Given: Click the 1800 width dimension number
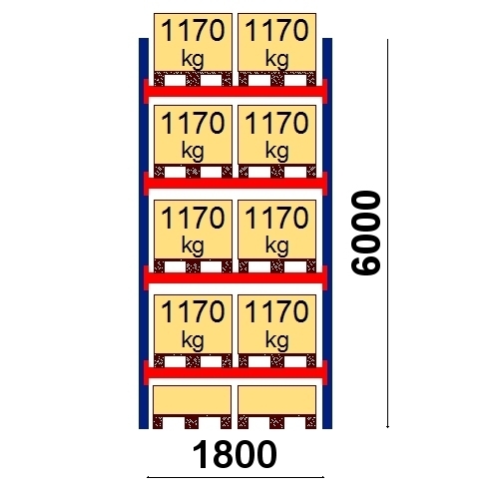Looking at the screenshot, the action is pos(235,454).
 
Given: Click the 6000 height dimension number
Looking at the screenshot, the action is pos(365,233).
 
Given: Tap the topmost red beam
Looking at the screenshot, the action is pos(236,91).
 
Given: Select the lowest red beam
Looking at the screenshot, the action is pos(236,373).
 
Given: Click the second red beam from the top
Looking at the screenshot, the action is pos(236,184).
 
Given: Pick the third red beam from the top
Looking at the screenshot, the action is pos(236,277).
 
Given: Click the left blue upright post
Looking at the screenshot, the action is pos(144,234).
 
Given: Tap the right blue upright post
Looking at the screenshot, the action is pos(327,234).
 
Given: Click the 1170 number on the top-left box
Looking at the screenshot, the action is pos(193,31).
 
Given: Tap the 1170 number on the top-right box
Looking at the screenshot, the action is pos(276,31).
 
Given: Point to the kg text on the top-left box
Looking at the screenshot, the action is pos(193,60).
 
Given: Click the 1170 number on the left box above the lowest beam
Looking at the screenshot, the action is pos(193,311).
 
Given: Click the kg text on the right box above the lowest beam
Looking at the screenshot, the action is pos(276,341).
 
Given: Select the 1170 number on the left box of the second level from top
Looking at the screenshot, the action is pos(193,123).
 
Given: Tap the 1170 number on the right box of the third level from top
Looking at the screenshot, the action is pos(276,218).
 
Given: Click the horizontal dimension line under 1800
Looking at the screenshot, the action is pos(236,477).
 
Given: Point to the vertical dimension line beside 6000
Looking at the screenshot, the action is pos(387,234).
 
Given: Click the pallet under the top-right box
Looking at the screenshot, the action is pos(276,79).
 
